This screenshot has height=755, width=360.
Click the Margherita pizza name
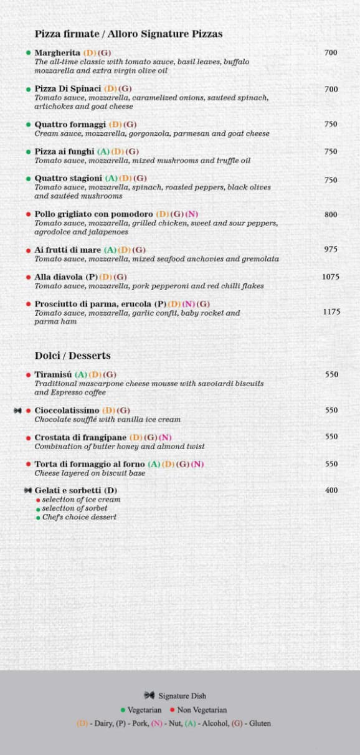(57, 53)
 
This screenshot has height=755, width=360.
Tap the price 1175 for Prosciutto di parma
(331, 311)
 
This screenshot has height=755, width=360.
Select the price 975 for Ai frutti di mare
(331, 249)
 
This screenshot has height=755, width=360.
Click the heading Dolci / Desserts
(72, 356)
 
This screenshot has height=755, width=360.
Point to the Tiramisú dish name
(54, 374)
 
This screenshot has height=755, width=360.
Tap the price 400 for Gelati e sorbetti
(331, 490)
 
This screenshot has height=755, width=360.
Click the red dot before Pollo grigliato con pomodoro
(28, 214)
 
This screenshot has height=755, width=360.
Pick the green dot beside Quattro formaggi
(28, 125)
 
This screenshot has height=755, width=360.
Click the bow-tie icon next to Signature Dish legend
(149, 695)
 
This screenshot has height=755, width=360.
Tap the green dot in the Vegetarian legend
(123, 710)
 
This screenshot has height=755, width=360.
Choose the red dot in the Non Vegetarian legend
(172, 710)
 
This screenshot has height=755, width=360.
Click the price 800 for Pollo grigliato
(331, 214)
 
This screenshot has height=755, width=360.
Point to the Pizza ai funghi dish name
(64, 151)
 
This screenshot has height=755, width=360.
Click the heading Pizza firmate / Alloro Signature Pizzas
(128, 34)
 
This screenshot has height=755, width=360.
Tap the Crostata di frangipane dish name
(80, 437)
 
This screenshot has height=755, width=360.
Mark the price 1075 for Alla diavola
(331, 277)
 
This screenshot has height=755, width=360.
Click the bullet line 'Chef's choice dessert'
(79, 517)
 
